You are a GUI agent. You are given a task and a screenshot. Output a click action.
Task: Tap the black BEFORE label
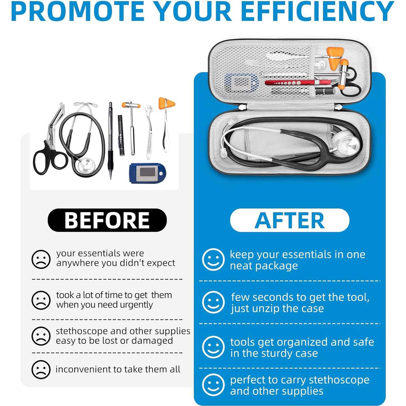point(107,220)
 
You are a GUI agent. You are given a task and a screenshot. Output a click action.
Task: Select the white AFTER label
point(290,220)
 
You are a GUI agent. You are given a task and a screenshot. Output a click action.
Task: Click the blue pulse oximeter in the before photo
point(147,173)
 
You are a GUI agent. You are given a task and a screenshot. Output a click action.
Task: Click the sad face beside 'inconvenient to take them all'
point(41,369)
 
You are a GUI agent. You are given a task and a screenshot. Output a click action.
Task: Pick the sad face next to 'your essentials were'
point(41,259)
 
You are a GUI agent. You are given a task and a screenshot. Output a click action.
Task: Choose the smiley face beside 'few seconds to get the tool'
point(213,302)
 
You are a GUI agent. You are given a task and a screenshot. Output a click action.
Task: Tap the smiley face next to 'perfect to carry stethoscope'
point(213,385)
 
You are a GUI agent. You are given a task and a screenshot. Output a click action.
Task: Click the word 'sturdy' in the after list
point(276,353)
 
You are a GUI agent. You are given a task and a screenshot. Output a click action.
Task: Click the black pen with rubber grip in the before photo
point(111,141)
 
